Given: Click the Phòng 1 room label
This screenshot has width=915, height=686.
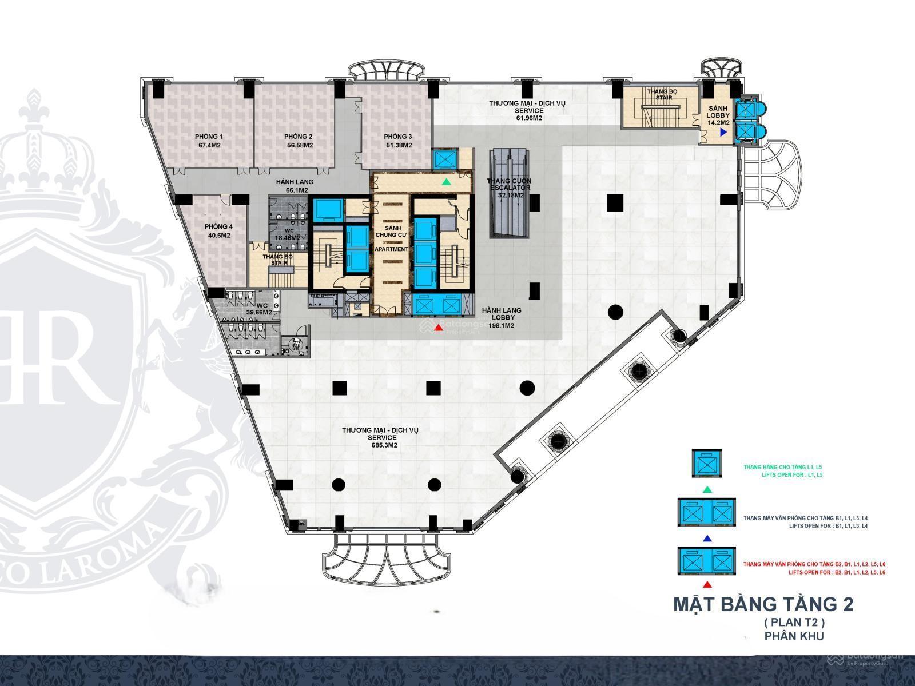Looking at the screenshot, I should pyautogui.click(x=209, y=141).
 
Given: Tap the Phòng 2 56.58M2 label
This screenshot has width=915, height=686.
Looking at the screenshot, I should pyautogui.click(x=299, y=141).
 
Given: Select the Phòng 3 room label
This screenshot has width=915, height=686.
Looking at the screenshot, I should pyautogui.click(x=397, y=141).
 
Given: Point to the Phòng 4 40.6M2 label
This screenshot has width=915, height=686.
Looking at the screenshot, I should pyautogui.click(x=217, y=231).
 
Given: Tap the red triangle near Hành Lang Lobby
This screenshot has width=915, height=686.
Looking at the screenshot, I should pyautogui.click(x=439, y=328).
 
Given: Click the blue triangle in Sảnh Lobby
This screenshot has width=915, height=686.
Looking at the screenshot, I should pyautogui.click(x=723, y=132).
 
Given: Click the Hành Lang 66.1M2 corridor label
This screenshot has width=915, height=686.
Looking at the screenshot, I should pyautogui.click(x=295, y=186).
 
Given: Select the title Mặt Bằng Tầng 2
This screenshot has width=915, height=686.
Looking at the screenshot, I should pyautogui.click(x=763, y=605).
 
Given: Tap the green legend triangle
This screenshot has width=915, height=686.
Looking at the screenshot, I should pyautogui.click(x=707, y=489).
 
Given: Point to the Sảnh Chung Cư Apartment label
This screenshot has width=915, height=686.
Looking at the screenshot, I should pyautogui.click(x=391, y=238).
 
